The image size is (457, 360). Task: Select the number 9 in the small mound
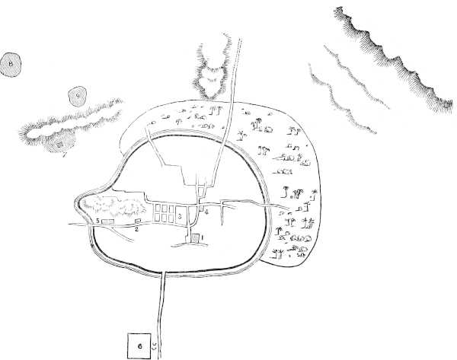76,96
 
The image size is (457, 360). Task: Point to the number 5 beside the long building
98,220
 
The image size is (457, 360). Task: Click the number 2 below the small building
136,228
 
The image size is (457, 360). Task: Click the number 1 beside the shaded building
203,237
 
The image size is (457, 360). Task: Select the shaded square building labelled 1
194,239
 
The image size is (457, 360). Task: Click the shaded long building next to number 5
108,221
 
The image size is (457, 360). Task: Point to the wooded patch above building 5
114,205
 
